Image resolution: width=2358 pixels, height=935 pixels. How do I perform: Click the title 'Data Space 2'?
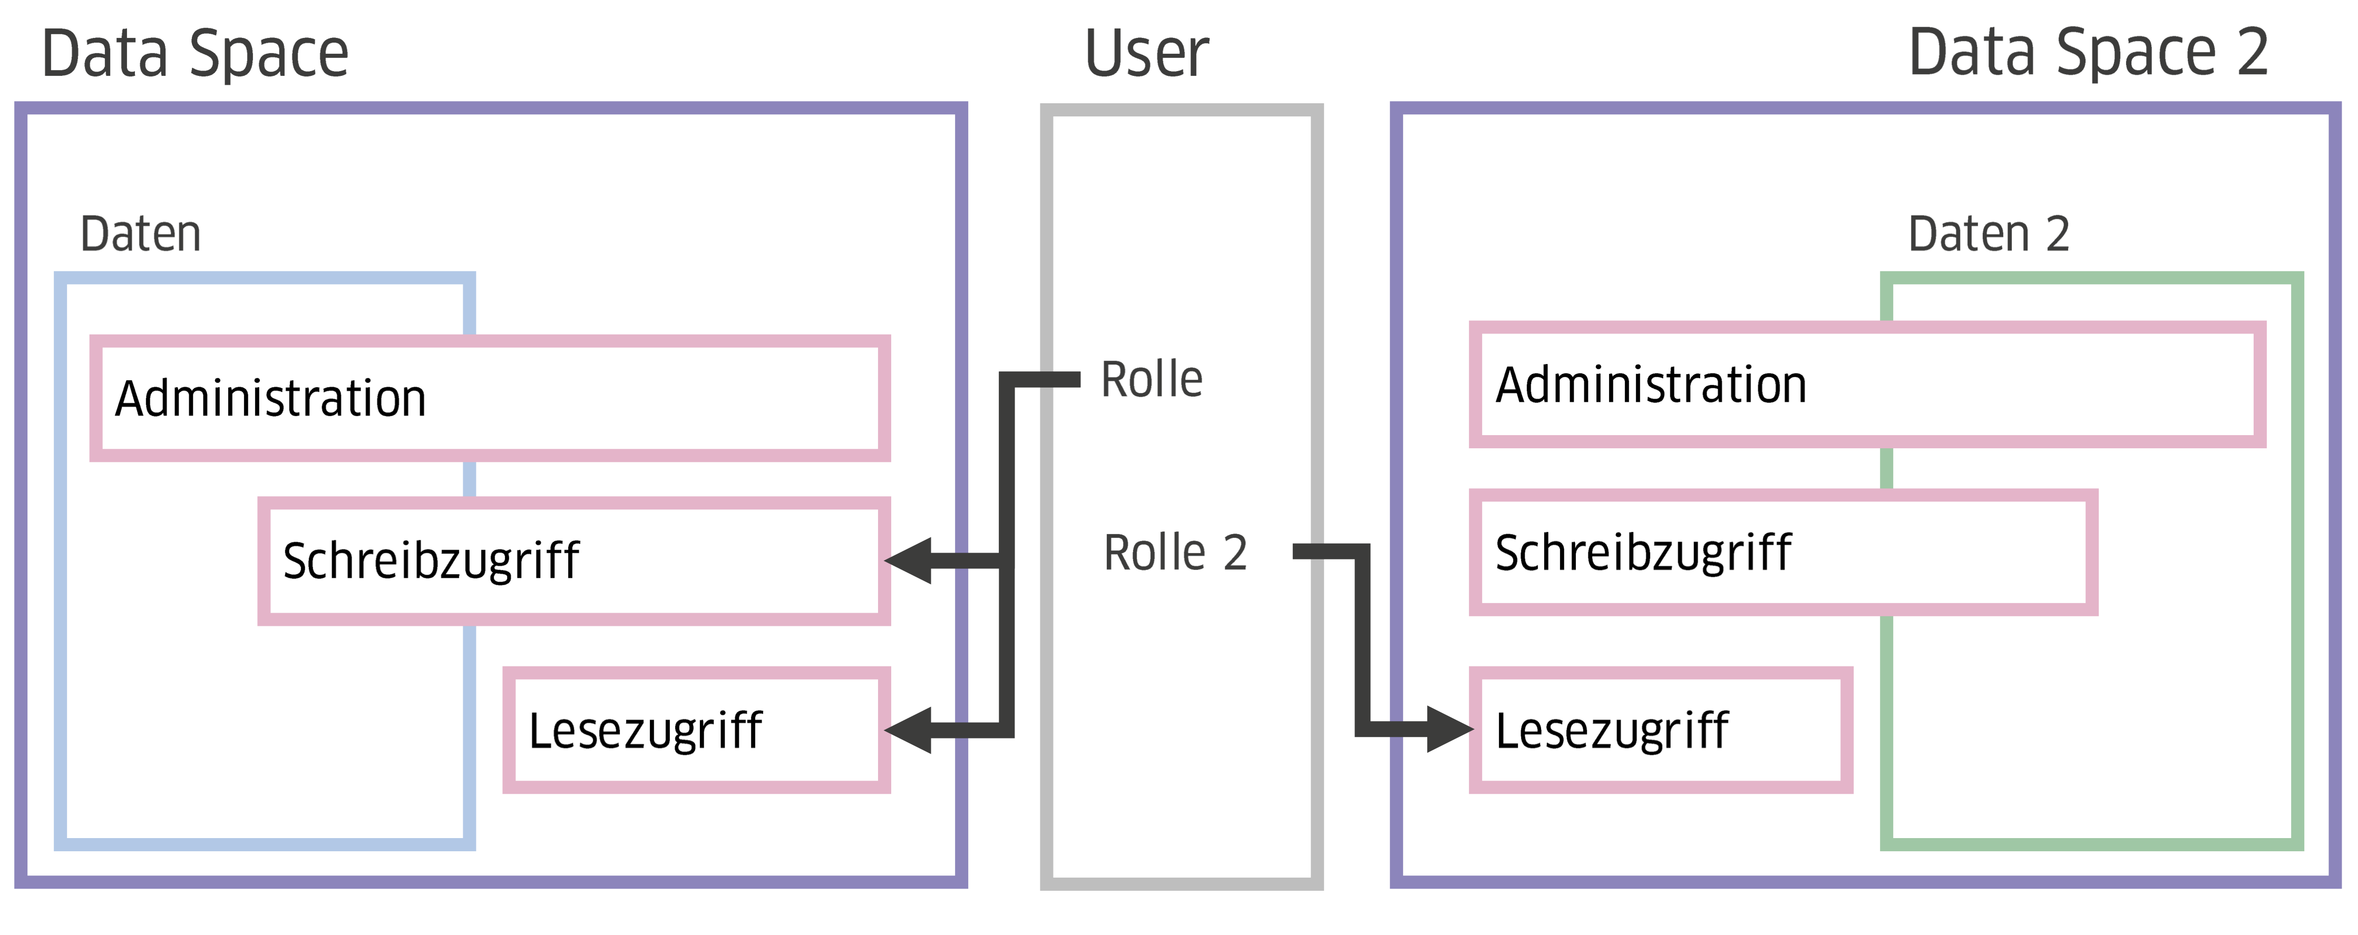click(x=2088, y=53)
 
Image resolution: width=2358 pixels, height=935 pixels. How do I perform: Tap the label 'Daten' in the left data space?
click(x=140, y=234)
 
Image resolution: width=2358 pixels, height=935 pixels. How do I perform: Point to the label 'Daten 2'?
click(x=1988, y=234)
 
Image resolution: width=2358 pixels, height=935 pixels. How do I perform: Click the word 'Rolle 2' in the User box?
click(x=1175, y=553)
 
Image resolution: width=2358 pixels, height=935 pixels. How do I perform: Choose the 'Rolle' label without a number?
click(x=1152, y=380)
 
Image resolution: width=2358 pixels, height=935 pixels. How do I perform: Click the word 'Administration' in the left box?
click(x=271, y=399)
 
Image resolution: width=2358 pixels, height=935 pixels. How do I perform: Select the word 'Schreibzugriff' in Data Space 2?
click(x=1643, y=553)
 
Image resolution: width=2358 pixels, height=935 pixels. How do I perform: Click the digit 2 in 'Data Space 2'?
click(x=2253, y=53)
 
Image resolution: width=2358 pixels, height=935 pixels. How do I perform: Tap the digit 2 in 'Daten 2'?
click(x=2057, y=234)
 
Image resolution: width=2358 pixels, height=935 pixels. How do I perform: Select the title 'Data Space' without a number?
click(x=195, y=53)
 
